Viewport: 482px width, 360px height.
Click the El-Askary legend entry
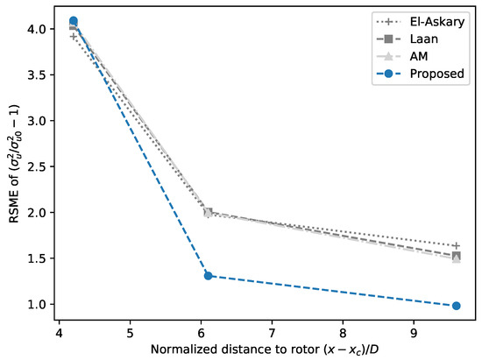click(429, 22)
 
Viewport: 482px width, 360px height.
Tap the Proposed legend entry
click(429, 74)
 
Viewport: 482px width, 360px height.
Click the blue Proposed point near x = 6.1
click(209, 275)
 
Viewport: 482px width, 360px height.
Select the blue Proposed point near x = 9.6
click(457, 306)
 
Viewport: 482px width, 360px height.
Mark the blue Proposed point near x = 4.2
click(74, 21)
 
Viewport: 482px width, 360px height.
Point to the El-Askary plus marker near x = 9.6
click(457, 245)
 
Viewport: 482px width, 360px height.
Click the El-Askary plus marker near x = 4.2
click(74, 36)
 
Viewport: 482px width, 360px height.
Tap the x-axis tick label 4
click(60, 333)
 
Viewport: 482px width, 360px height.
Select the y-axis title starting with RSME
click(11, 166)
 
